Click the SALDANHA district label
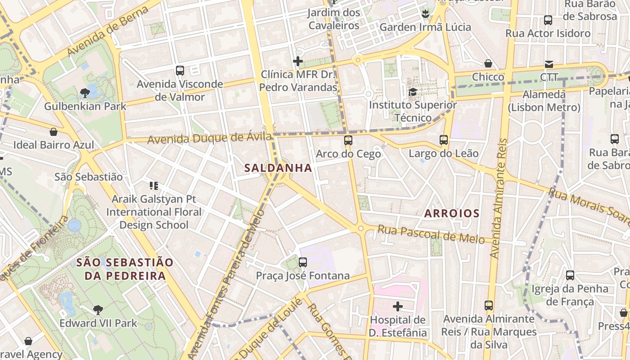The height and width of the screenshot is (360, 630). click(x=278, y=168)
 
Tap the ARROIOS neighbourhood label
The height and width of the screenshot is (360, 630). click(x=452, y=213)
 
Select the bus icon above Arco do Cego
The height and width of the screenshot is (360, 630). click(x=348, y=140)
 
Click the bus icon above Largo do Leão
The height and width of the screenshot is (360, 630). click(x=444, y=140)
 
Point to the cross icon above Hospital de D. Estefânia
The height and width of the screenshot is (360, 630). click(x=398, y=306)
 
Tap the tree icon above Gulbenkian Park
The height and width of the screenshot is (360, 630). click(x=85, y=93)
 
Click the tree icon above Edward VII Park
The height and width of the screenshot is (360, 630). click(x=98, y=310)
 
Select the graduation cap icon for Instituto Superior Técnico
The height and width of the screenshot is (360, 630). click(x=413, y=92)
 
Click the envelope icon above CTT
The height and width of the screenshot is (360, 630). click(x=549, y=64)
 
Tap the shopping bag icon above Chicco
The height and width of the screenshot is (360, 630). click(x=488, y=63)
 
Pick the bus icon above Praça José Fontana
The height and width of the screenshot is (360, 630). click(x=303, y=262)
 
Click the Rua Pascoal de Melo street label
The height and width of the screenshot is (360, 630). click(x=431, y=234)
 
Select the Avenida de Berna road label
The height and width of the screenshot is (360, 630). click(x=108, y=31)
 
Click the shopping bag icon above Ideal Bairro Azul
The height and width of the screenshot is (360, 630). click(x=54, y=132)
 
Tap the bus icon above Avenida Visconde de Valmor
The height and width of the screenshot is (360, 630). click(x=180, y=70)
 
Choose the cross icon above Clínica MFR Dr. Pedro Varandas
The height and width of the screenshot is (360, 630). click(x=298, y=61)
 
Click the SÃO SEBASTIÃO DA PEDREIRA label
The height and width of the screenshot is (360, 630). click(x=125, y=269)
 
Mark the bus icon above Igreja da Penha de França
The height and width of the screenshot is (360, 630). click(x=570, y=275)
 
